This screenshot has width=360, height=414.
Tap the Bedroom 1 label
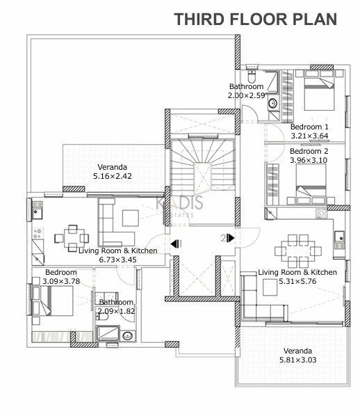coord(309,127)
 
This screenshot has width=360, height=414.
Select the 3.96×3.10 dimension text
coord(309,160)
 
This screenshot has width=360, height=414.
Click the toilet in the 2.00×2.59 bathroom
coord(252,77)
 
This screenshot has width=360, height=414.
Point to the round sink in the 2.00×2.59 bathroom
coord(272,103)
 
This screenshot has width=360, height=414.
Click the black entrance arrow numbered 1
coord(174,244)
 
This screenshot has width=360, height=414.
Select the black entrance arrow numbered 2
coord(231,238)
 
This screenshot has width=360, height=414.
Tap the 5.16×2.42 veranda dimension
coord(113,176)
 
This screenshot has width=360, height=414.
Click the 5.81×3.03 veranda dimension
coord(297,360)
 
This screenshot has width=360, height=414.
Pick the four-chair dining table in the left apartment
coord(72,239)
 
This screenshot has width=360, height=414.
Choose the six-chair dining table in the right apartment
coord(298,250)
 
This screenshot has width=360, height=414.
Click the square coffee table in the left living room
coord(131,218)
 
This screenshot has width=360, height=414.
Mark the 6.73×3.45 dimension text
coord(117,260)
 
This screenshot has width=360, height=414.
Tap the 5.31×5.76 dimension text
coord(297,281)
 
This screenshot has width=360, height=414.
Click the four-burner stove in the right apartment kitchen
coord(322,214)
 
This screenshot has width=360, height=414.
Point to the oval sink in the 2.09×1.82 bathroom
coord(128,335)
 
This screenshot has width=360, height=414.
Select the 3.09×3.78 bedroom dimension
coord(61,281)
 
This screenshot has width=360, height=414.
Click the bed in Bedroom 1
coord(320,90)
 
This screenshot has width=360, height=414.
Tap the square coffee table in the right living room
coord(270,287)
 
